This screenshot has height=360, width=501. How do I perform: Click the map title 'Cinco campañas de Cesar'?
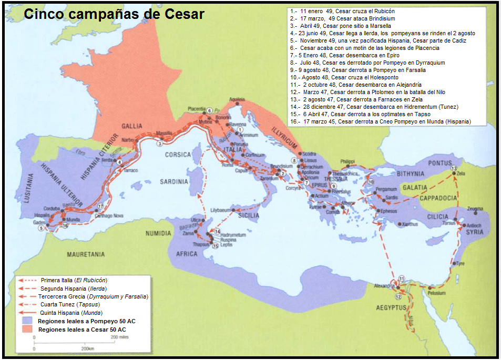[114, 14]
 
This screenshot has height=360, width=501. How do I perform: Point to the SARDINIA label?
[174, 182]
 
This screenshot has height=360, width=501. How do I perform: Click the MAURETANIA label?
[85, 254]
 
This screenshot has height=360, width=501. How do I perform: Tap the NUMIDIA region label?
[157, 233]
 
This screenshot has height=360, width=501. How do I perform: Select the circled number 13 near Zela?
[454, 168]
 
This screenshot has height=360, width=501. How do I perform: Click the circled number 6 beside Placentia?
[209, 110]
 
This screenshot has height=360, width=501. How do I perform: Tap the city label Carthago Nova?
[108, 215]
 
